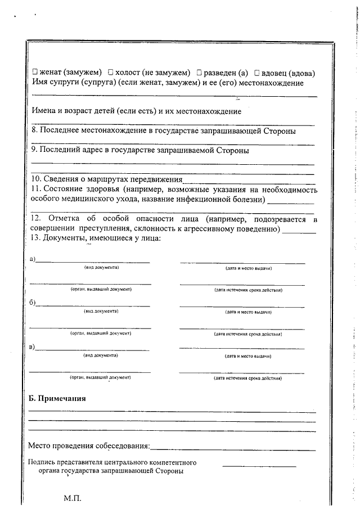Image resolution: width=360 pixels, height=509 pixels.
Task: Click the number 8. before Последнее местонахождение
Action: coord(33,131)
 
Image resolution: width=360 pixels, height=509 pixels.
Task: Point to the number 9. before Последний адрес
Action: coord(33,150)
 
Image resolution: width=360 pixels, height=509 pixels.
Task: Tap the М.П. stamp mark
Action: coord(73,498)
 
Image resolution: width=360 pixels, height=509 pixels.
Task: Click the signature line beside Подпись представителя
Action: coord(251,465)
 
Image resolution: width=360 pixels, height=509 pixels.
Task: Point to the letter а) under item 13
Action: coord(33,259)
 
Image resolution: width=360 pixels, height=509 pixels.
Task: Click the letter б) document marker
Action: coord(33,303)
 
